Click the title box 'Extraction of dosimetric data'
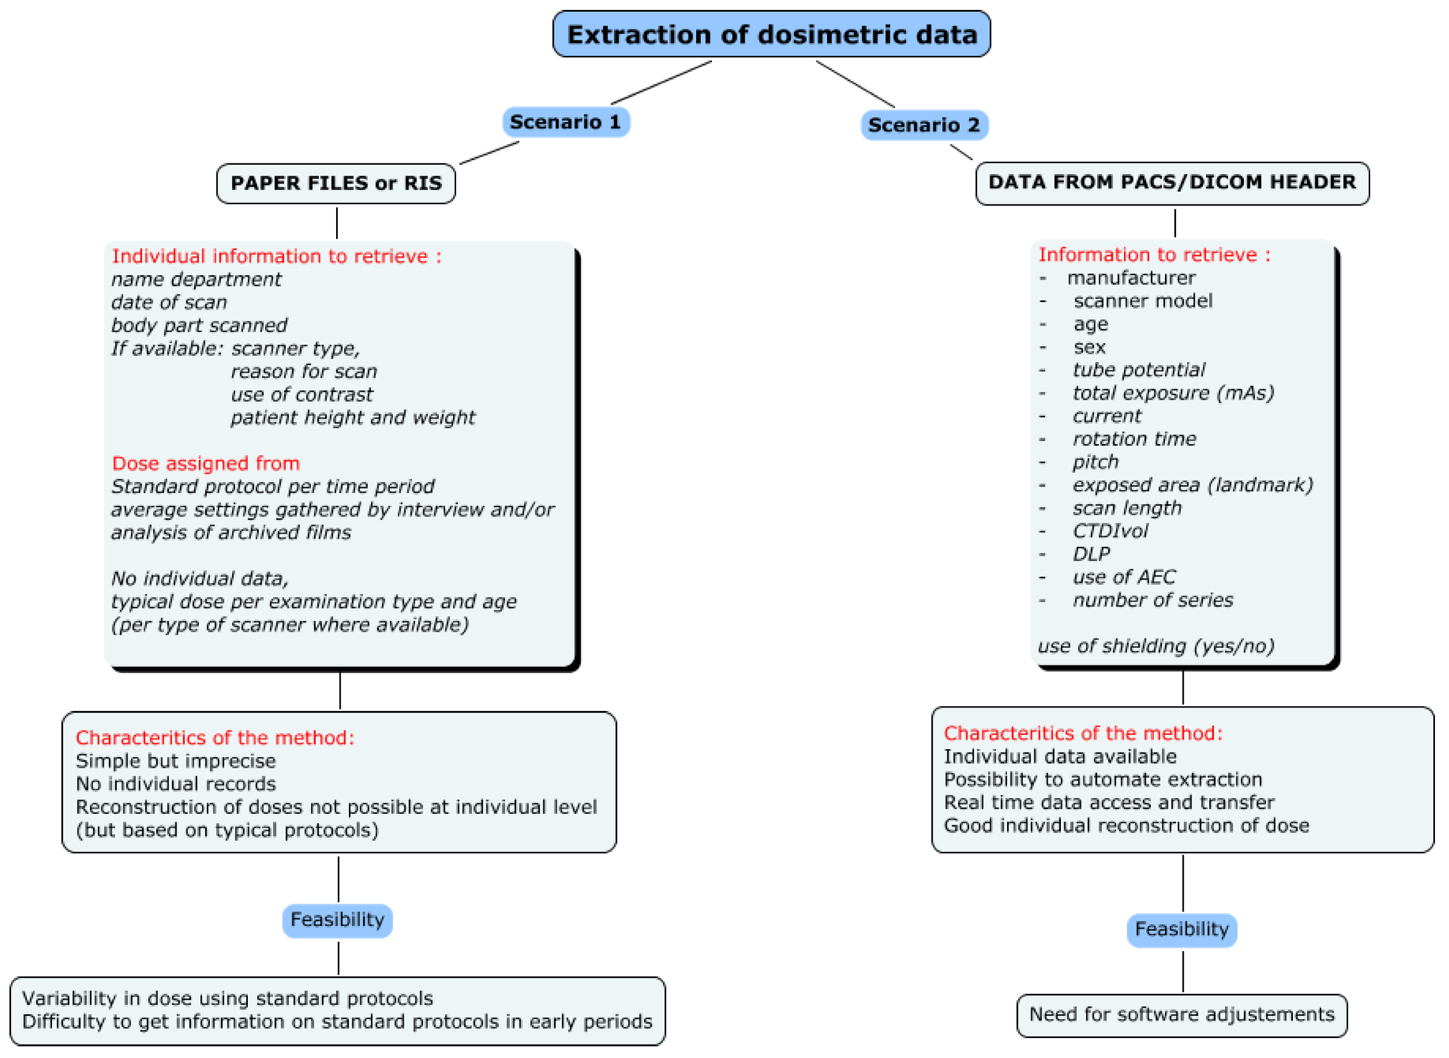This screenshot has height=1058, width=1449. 772,34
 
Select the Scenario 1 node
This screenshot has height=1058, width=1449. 565,122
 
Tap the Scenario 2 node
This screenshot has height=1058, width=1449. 924,125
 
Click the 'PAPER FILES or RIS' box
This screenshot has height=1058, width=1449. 336,183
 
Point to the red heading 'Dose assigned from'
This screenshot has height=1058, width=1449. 206,463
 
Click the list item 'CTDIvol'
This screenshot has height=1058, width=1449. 1109,531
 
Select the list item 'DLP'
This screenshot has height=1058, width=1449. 1091,554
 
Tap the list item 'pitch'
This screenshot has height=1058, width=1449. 1095,462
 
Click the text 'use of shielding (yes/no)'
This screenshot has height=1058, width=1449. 1156,646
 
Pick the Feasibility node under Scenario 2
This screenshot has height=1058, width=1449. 1181,929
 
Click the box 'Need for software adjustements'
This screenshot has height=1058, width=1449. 1181,1014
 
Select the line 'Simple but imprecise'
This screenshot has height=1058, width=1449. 175,761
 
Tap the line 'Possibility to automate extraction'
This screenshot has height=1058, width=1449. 1102,779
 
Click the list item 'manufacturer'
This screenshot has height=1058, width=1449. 1130,278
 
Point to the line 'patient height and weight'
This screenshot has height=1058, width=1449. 352,418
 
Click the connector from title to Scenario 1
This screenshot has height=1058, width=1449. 661,82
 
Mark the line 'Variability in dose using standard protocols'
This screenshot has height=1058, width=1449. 227,998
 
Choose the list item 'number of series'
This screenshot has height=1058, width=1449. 1153,600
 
